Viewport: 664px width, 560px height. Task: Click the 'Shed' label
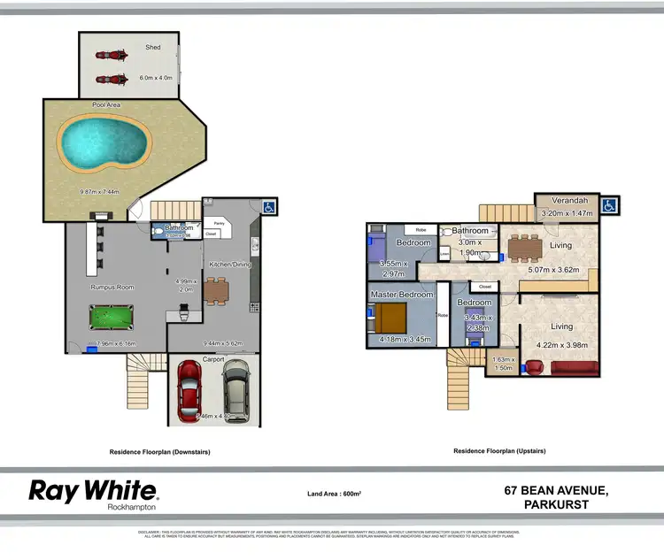(x=154, y=47)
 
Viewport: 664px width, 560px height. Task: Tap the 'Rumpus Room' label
(x=112, y=287)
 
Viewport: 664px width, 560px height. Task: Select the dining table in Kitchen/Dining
(x=216, y=289)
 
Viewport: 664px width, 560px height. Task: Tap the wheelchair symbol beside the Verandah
(x=610, y=205)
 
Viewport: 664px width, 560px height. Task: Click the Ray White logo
(x=93, y=492)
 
